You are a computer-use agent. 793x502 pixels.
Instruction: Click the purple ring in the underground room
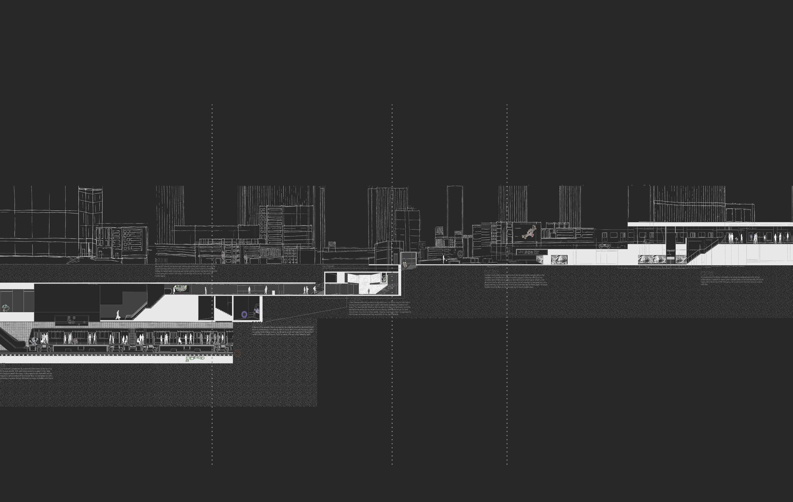click(244, 314)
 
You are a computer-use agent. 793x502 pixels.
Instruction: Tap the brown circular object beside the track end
click(237, 353)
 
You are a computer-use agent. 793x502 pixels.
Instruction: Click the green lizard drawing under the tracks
click(195, 358)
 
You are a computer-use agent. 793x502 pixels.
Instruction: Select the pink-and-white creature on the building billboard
click(529, 232)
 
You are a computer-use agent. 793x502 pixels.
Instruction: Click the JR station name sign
click(532, 252)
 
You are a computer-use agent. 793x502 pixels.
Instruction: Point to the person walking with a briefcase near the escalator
click(118, 315)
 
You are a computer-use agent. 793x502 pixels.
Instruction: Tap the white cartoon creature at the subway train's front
click(34, 341)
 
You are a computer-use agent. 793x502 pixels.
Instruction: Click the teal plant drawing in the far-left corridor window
click(6, 308)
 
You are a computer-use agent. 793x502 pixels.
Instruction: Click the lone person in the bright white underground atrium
click(369, 291)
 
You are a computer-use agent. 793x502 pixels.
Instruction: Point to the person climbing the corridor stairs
click(314, 290)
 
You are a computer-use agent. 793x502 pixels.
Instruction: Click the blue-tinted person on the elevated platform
click(751, 237)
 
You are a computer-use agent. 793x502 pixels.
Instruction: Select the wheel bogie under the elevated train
click(604, 246)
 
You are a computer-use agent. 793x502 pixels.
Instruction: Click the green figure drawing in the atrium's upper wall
click(384, 279)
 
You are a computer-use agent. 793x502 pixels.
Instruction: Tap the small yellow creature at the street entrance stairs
click(405, 264)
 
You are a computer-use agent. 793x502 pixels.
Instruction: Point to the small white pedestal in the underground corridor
click(273, 292)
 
